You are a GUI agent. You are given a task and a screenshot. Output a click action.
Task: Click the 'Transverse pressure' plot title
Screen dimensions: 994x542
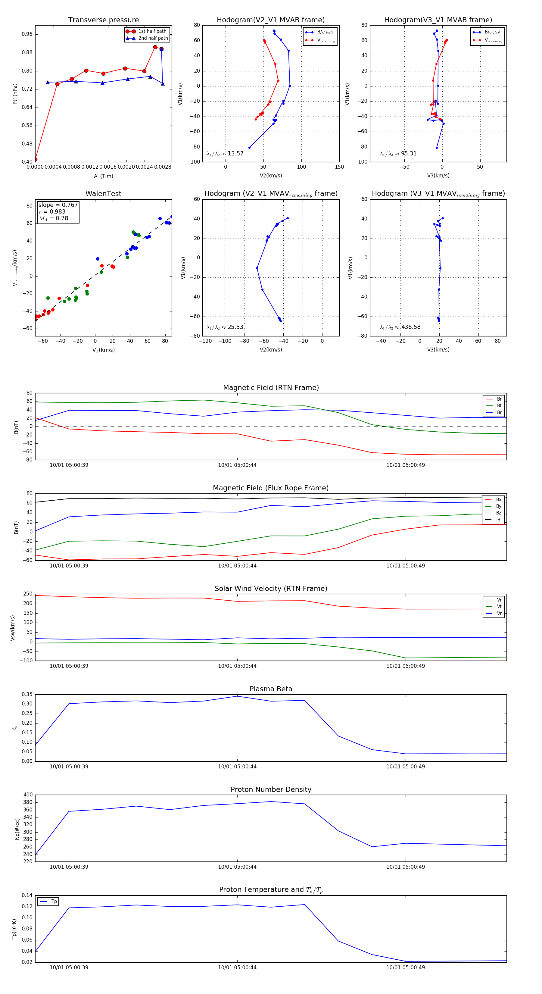pyautogui.click(x=103, y=20)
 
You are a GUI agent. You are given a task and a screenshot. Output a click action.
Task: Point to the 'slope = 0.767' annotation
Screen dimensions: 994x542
pyautogui.click(x=58, y=205)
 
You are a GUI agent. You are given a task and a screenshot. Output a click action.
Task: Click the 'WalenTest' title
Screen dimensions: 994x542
pyautogui.click(x=103, y=194)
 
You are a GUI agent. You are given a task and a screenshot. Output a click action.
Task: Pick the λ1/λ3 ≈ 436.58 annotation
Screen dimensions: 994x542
pyautogui.click(x=400, y=327)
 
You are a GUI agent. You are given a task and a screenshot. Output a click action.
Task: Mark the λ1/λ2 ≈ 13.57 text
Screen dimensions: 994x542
pyautogui.click(x=225, y=154)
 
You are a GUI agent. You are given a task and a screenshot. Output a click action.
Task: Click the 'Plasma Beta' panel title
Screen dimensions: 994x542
pyautogui.click(x=271, y=689)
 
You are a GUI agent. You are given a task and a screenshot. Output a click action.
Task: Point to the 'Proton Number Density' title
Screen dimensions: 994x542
pyautogui.click(x=271, y=789)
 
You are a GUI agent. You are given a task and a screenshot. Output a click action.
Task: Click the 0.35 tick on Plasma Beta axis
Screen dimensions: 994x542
pyautogui.click(x=27, y=695)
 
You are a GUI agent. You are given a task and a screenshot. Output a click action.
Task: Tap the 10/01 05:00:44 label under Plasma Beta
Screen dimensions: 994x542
pyautogui.click(x=237, y=767)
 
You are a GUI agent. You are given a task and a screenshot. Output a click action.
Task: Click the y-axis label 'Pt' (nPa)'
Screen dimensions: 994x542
pyautogui.click(x=15, y=94)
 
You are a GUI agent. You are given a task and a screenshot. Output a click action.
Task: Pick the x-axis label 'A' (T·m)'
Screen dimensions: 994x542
pyautogui.click(x=103, y=176)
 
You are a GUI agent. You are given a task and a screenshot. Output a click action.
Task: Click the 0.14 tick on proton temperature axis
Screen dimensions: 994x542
pyautogui.click(x=27, y=895)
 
